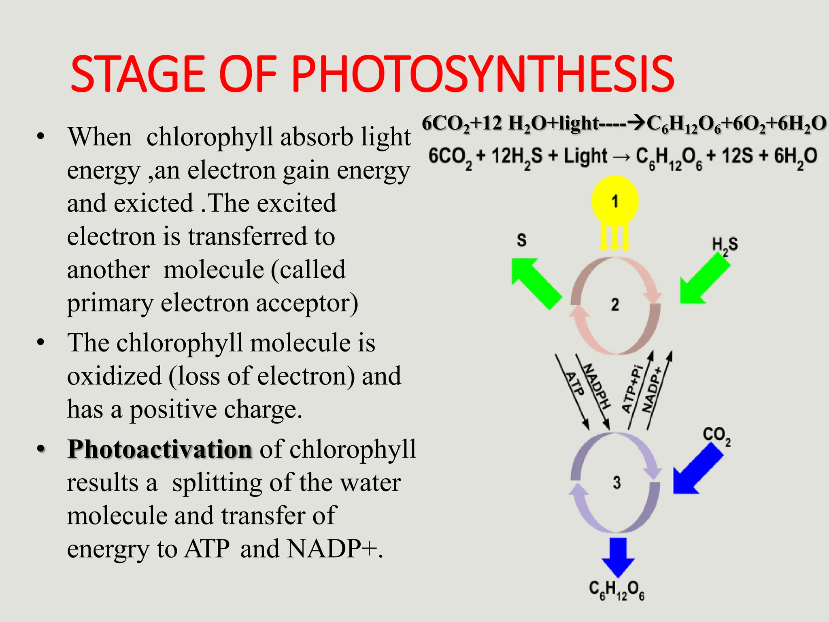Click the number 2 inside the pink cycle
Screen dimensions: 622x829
click(x=615, y=305)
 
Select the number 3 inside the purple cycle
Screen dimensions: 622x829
click(x=616, y=483)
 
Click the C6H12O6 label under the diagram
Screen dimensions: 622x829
click(x=616, y=590)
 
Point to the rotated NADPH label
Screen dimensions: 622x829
click(x=596, y=386)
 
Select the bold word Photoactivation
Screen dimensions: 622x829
click(x=160, y=449)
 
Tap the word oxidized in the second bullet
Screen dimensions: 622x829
click(x=114, y=376)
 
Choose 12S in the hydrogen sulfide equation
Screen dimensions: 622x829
click(x=737, y=156)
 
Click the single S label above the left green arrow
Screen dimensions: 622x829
click(x=522, y=241)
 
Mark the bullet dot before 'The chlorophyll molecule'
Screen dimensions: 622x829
click(x=40, y=343)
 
